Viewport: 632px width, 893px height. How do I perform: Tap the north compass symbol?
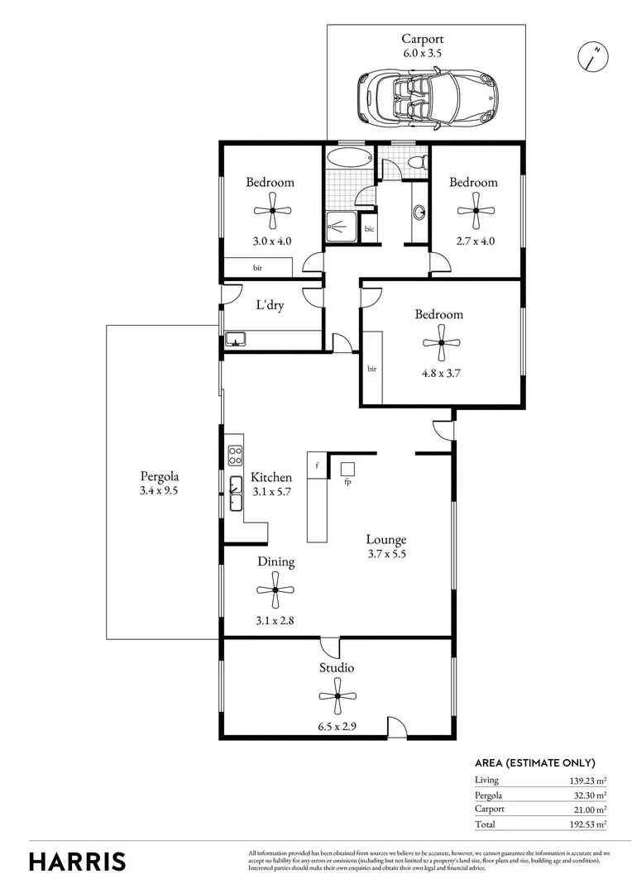591,57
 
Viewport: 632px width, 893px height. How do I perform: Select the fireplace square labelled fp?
347,469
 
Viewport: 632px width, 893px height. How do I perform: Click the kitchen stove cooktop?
235,456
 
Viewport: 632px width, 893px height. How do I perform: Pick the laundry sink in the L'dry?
235,339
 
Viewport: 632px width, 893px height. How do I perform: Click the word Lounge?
386,540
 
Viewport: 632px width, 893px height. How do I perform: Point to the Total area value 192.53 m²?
587,824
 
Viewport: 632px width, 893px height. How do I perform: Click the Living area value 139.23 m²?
587,780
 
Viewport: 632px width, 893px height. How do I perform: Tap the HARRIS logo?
78,861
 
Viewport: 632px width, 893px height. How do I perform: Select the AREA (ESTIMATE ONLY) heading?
534,763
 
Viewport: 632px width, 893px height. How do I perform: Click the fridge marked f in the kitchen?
317,465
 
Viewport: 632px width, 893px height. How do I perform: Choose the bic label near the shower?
369,228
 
